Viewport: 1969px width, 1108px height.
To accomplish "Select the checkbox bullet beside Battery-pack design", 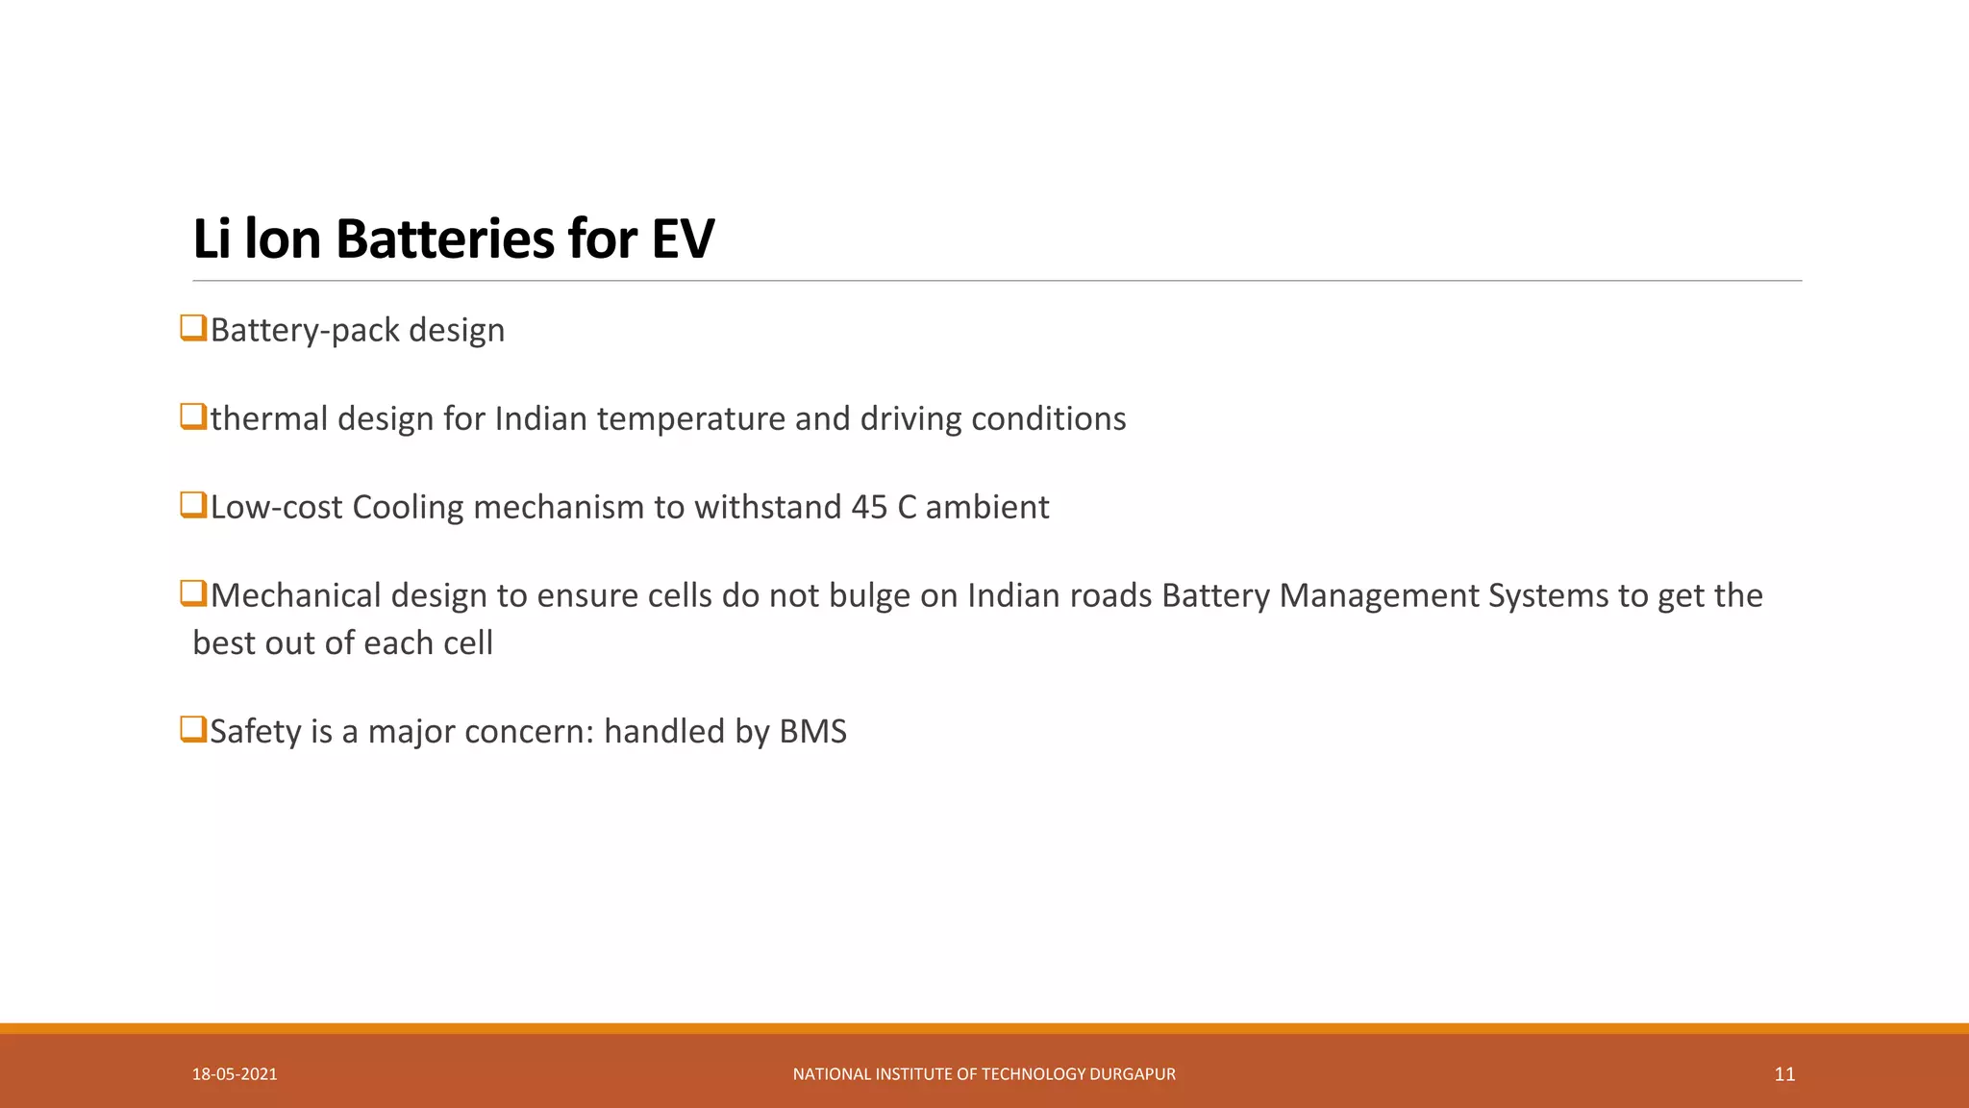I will pos(193,328).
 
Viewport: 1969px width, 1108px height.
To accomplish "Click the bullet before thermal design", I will pos(193,416).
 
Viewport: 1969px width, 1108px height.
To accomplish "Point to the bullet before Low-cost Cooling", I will pos(193,505).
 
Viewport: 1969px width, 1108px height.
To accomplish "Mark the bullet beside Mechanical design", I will pos(193,593).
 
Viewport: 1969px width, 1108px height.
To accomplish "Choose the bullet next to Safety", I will pos(193,729).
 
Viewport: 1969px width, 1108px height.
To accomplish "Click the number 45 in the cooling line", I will pos(869,507).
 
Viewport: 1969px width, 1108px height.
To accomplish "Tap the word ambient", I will pos(986,507).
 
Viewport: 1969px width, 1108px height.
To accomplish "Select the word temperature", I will pos(690,418).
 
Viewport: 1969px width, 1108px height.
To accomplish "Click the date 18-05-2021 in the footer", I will pos(235,1074).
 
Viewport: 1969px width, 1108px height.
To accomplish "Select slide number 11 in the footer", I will pos(1784,1074).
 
